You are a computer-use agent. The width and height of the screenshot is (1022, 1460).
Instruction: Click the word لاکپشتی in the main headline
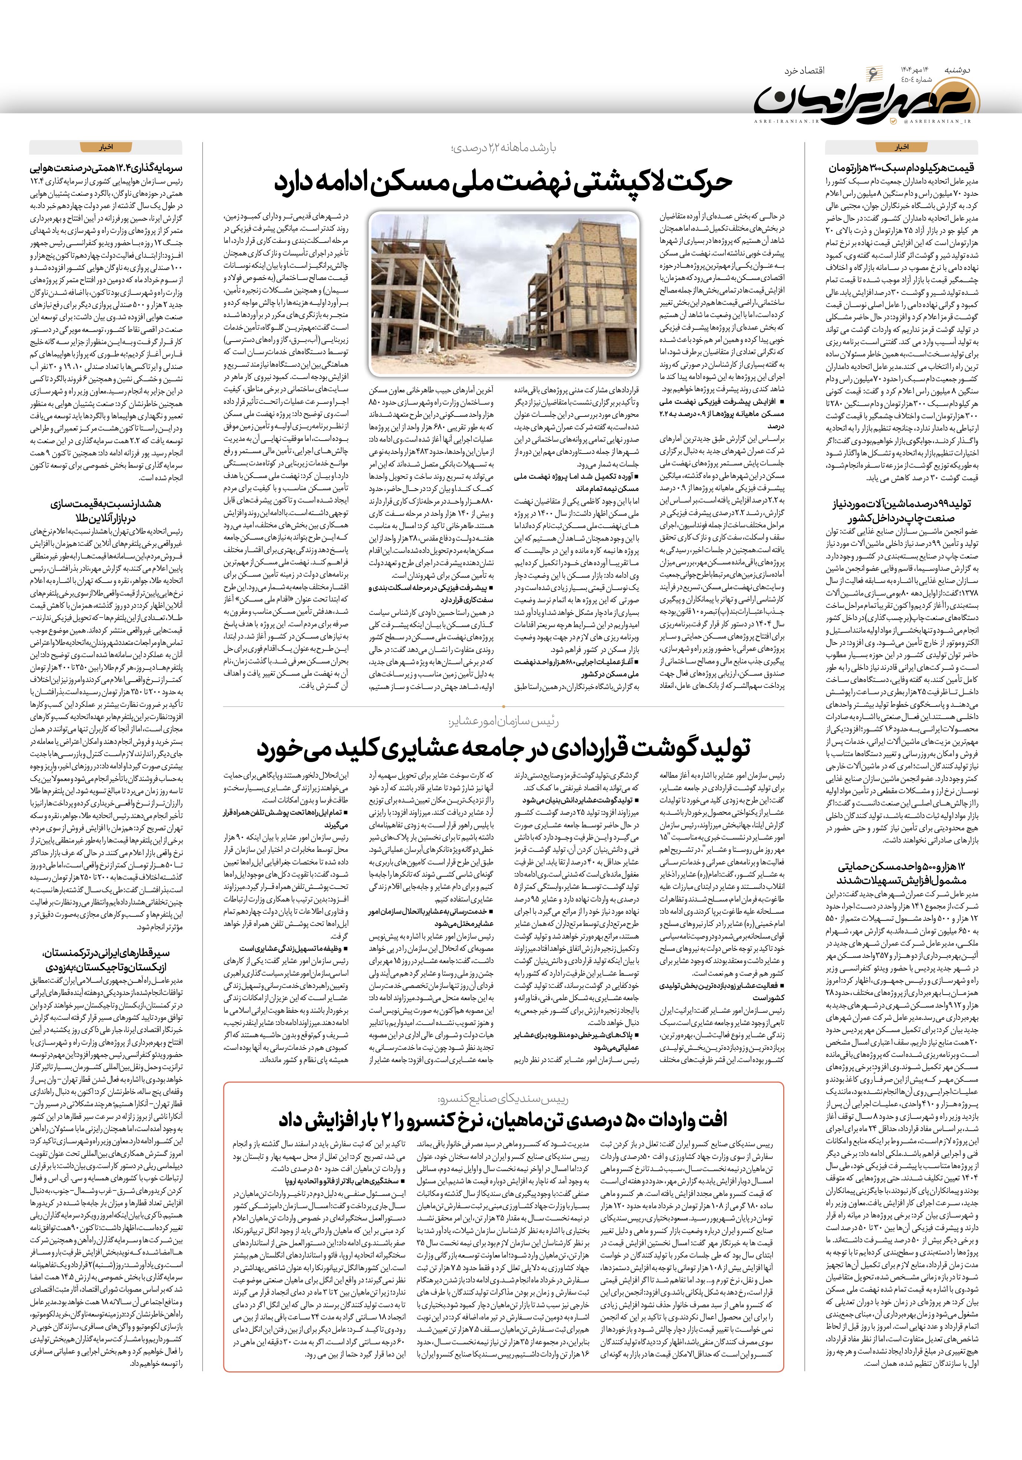(x=630, y=182)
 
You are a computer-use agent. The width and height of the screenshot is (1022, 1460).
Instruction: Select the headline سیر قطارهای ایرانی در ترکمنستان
(x=106, y=958)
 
